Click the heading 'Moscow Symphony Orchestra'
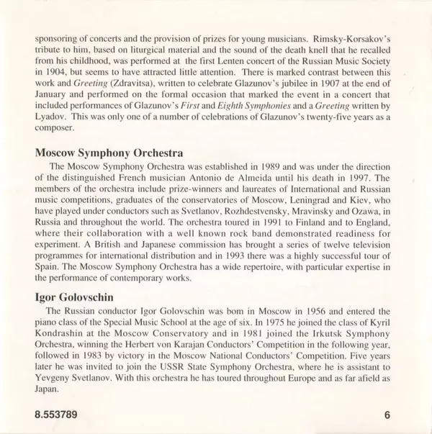point(109,153)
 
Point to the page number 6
point(387,414)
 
